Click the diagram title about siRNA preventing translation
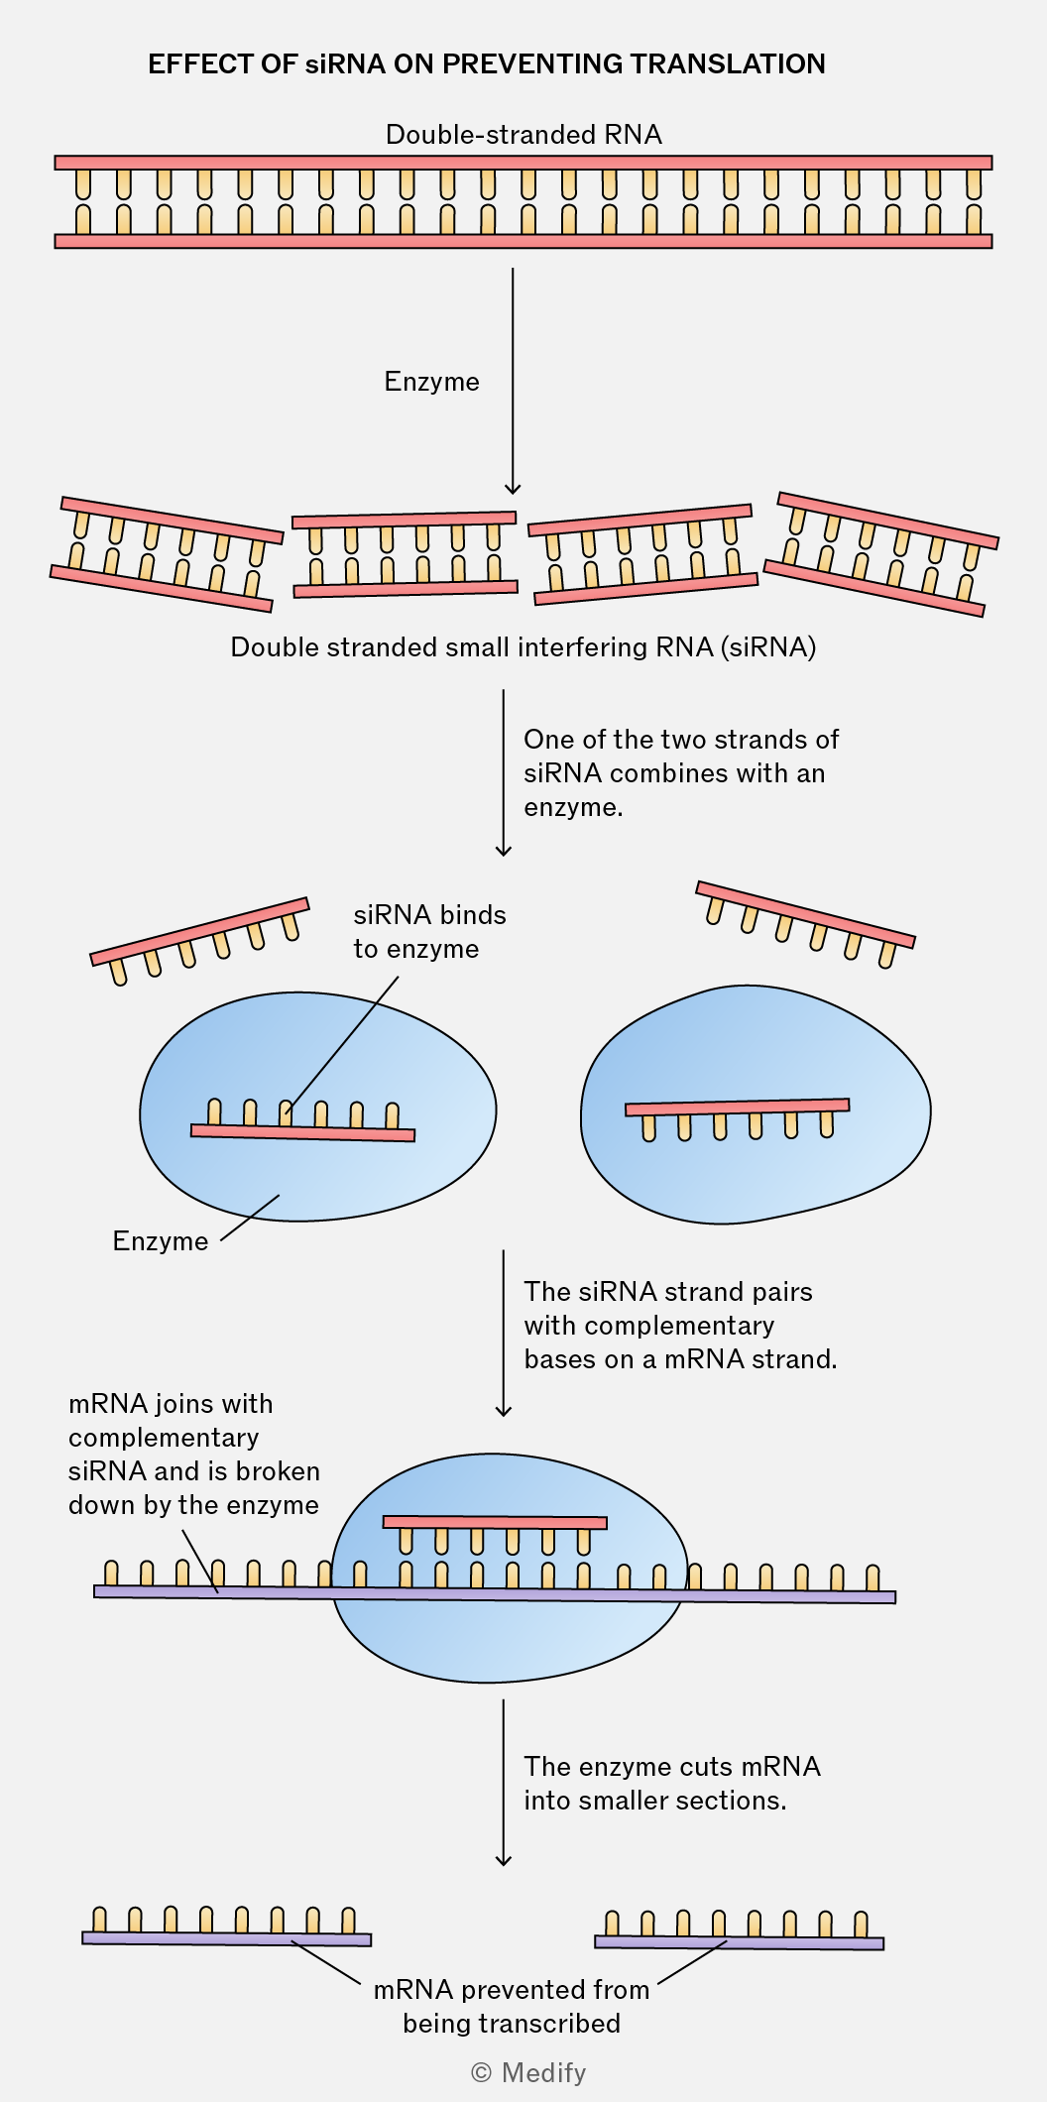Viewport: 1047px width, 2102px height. [x=487, y=64]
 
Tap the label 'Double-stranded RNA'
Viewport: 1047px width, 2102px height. [x=523, y=135]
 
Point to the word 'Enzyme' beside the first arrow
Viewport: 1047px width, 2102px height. [x=431, y=382]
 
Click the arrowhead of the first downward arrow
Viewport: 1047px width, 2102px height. [x=513, y=487]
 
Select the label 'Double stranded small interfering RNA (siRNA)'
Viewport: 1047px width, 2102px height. [x=523, y=647]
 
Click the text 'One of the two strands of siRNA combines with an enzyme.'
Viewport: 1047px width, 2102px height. [x=681, y=773]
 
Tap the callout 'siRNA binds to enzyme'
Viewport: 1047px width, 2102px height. [x=429, y=932]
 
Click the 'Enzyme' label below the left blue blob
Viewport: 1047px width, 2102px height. [x=161, y=1241]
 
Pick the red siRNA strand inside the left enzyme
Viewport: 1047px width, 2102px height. [x=302, y=1131]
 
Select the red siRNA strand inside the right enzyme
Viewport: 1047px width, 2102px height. [x=738, y=1108]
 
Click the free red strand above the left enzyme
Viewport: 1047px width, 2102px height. [x=199, y=930]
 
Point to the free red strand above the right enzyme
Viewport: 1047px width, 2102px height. [x=805, y=913]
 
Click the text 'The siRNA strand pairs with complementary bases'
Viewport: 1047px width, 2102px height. [x=680, y=1326]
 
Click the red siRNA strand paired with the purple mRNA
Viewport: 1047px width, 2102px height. [x=495, y=1522]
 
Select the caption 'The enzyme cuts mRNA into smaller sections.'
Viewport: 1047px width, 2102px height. [x=672, y=1783]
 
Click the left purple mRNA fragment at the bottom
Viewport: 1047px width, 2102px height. [x=227, y=1938]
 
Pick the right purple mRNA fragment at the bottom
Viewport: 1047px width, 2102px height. [x=739, y=1942]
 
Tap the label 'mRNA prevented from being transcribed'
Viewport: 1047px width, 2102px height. [x=512, y=2007]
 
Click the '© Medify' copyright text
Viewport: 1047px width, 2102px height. [x=528, y=2072]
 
